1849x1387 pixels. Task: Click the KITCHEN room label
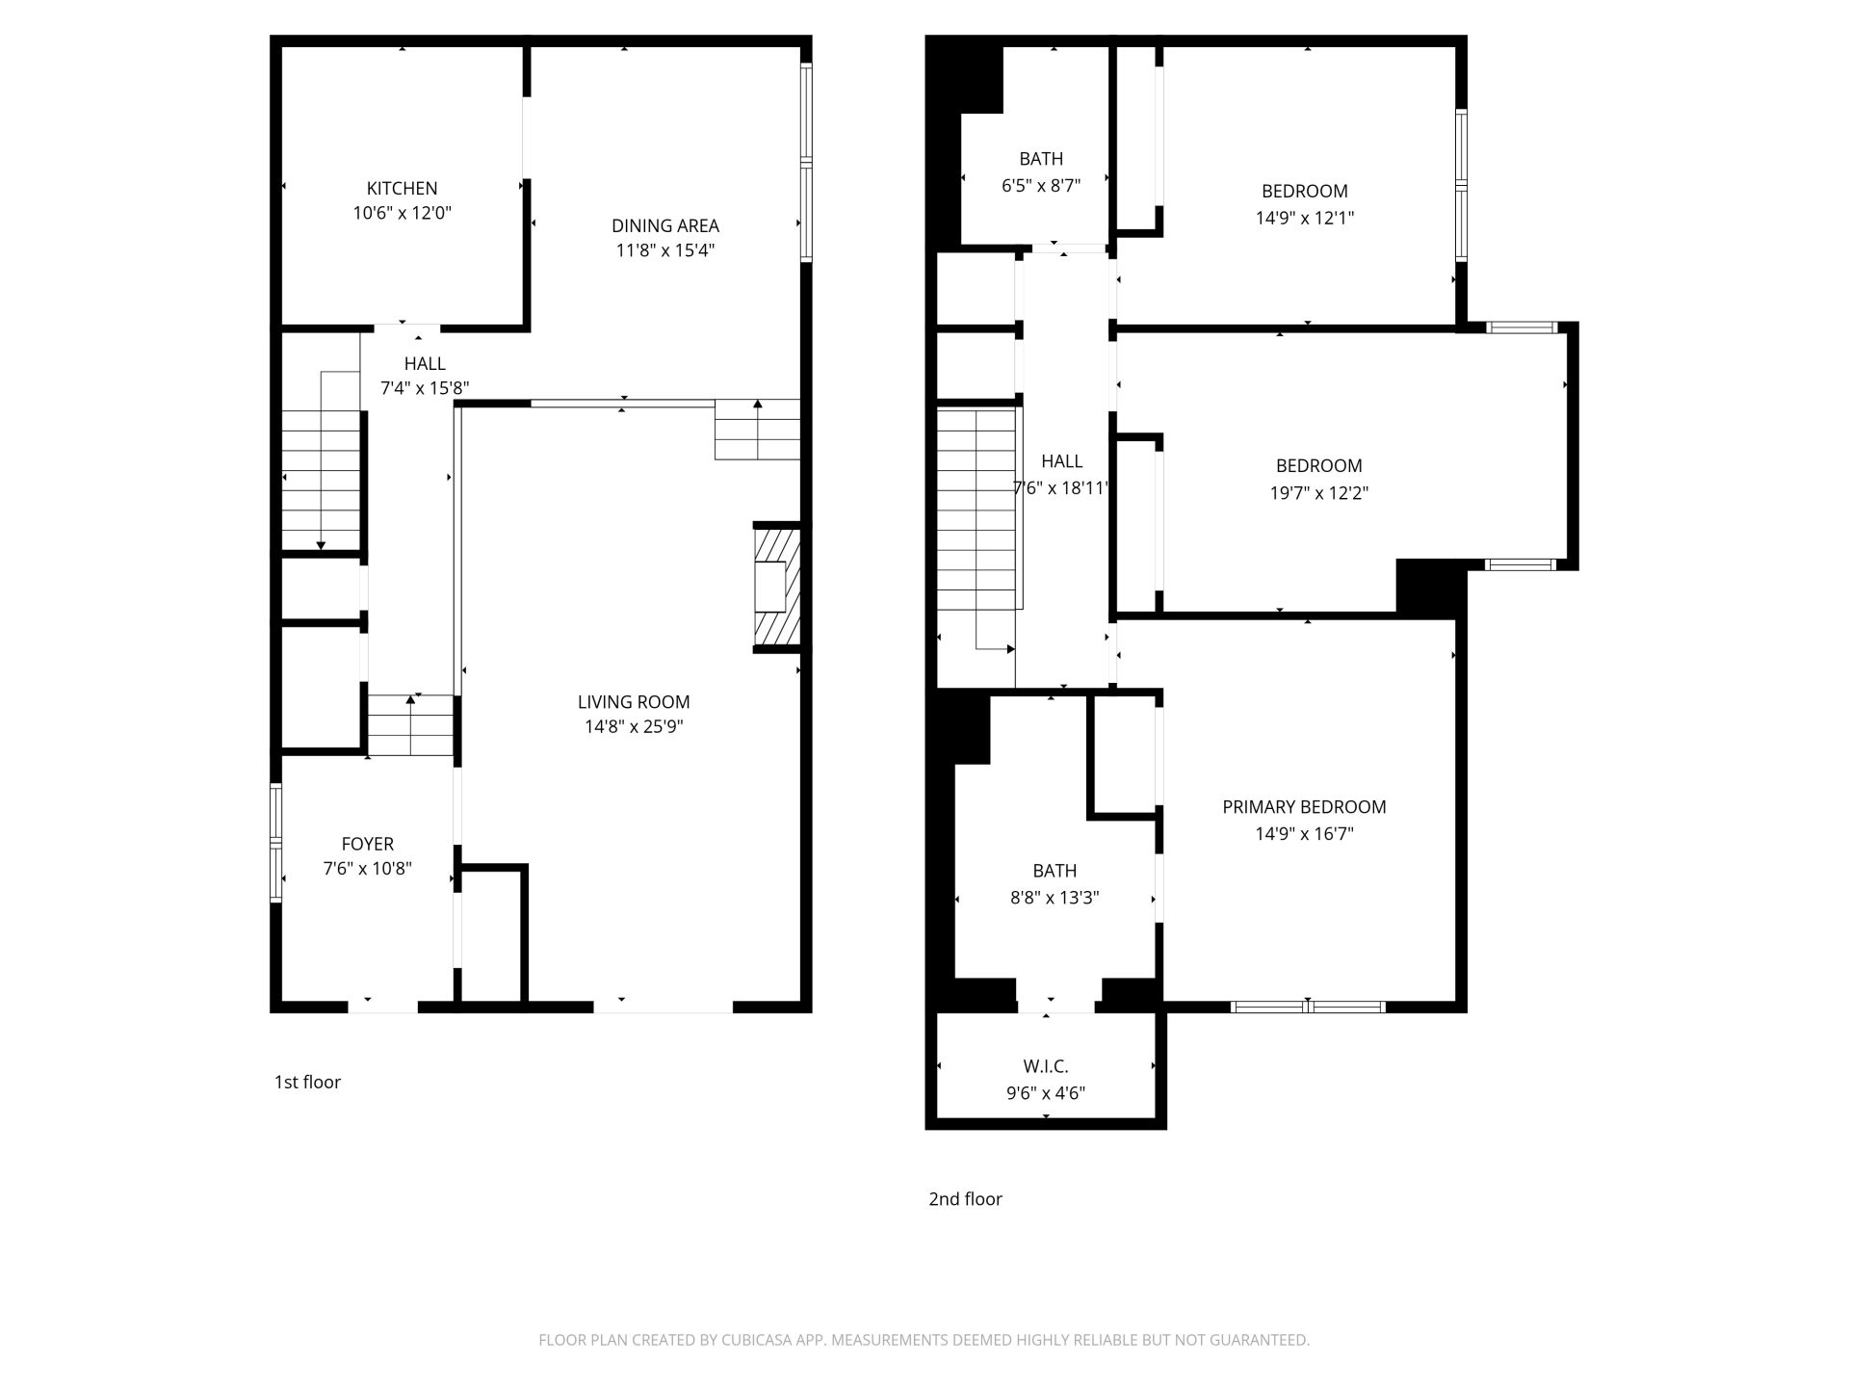click(x=402, y=189)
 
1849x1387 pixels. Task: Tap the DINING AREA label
click(x=665, y=225)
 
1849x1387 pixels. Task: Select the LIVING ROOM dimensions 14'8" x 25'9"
click(x=634, y=726)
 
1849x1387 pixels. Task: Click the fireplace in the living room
click(x=776, y=588)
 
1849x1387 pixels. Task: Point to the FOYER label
click(x=368, y=844)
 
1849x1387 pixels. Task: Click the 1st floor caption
click(x=307, y=1082)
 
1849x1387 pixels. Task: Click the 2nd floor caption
click(x=965, y=1199)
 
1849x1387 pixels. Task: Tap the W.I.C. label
click(x=1046, y=1066)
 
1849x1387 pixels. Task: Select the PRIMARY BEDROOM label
click(x=1304, y=807)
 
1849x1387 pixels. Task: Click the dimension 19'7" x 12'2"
click(x=1318, y=493)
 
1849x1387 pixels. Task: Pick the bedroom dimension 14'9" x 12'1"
click(x=1304, y=218)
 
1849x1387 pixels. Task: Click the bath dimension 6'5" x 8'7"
click(x=1041, y=185)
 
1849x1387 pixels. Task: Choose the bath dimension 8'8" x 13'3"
click(x=1055, y=898)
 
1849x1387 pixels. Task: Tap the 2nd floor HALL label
click(x=1061, y=461)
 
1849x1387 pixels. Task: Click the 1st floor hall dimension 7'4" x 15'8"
click(x=425, y=389)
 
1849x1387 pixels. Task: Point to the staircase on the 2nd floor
click(x=977, y=530)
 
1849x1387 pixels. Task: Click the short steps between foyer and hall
click(x=410, y=724)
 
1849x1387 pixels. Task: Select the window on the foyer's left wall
click(x=276, y=843)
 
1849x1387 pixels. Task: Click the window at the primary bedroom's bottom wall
click(x=1308, y=1007)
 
